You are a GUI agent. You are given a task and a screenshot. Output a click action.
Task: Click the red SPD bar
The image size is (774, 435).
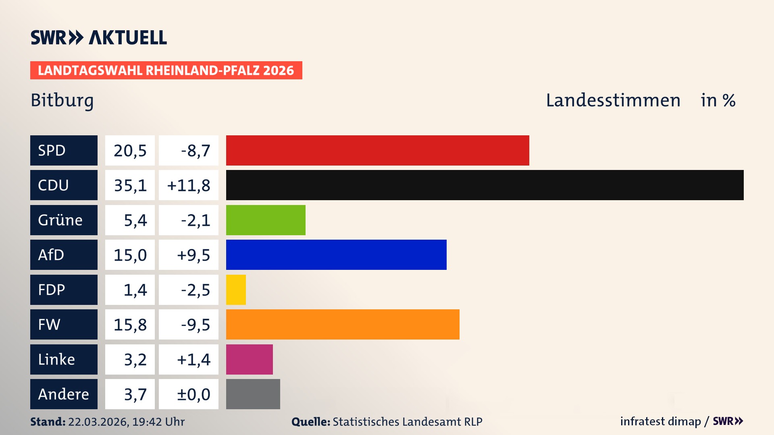pos(377,150)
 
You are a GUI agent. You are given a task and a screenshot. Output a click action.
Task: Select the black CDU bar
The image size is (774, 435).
pos(485,185)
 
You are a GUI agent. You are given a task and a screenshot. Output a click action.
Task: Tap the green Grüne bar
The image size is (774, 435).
pos(266,220)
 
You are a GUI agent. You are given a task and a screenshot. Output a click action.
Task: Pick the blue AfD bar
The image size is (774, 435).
pos(336,255)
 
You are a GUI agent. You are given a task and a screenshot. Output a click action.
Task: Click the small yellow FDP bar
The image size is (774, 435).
pos(236,290)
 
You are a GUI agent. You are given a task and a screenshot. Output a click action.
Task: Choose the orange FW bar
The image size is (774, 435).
pos(343,324)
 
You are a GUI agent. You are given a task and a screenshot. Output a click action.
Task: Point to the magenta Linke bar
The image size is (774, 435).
pos(249,359)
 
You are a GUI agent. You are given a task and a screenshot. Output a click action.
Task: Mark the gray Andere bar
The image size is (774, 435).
pos(253,394)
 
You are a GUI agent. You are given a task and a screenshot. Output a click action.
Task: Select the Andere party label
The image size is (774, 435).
pos(64,394)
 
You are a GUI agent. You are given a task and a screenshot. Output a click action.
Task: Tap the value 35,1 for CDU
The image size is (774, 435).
pos(130,185)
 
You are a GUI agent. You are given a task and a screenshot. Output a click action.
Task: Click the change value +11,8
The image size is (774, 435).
pos(189,185)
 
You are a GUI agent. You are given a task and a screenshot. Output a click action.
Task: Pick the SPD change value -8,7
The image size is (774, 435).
pos(196,151)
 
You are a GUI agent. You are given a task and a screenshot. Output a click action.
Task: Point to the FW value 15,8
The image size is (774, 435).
pos(130,325)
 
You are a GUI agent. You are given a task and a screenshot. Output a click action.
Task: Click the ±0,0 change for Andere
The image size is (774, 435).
pos(193,394)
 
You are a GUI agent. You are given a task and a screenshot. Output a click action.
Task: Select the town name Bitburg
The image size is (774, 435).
pos(62,101)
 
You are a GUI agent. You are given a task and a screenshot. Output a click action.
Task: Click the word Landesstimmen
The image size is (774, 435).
pos(613,100)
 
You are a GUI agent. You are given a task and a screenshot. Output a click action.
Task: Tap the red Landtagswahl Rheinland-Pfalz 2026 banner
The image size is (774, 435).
pos(166,70)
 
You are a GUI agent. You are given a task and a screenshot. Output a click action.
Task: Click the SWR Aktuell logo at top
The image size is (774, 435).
pos(99,37)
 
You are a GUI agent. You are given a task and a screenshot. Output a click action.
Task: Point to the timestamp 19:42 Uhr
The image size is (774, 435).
pos(158,422)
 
